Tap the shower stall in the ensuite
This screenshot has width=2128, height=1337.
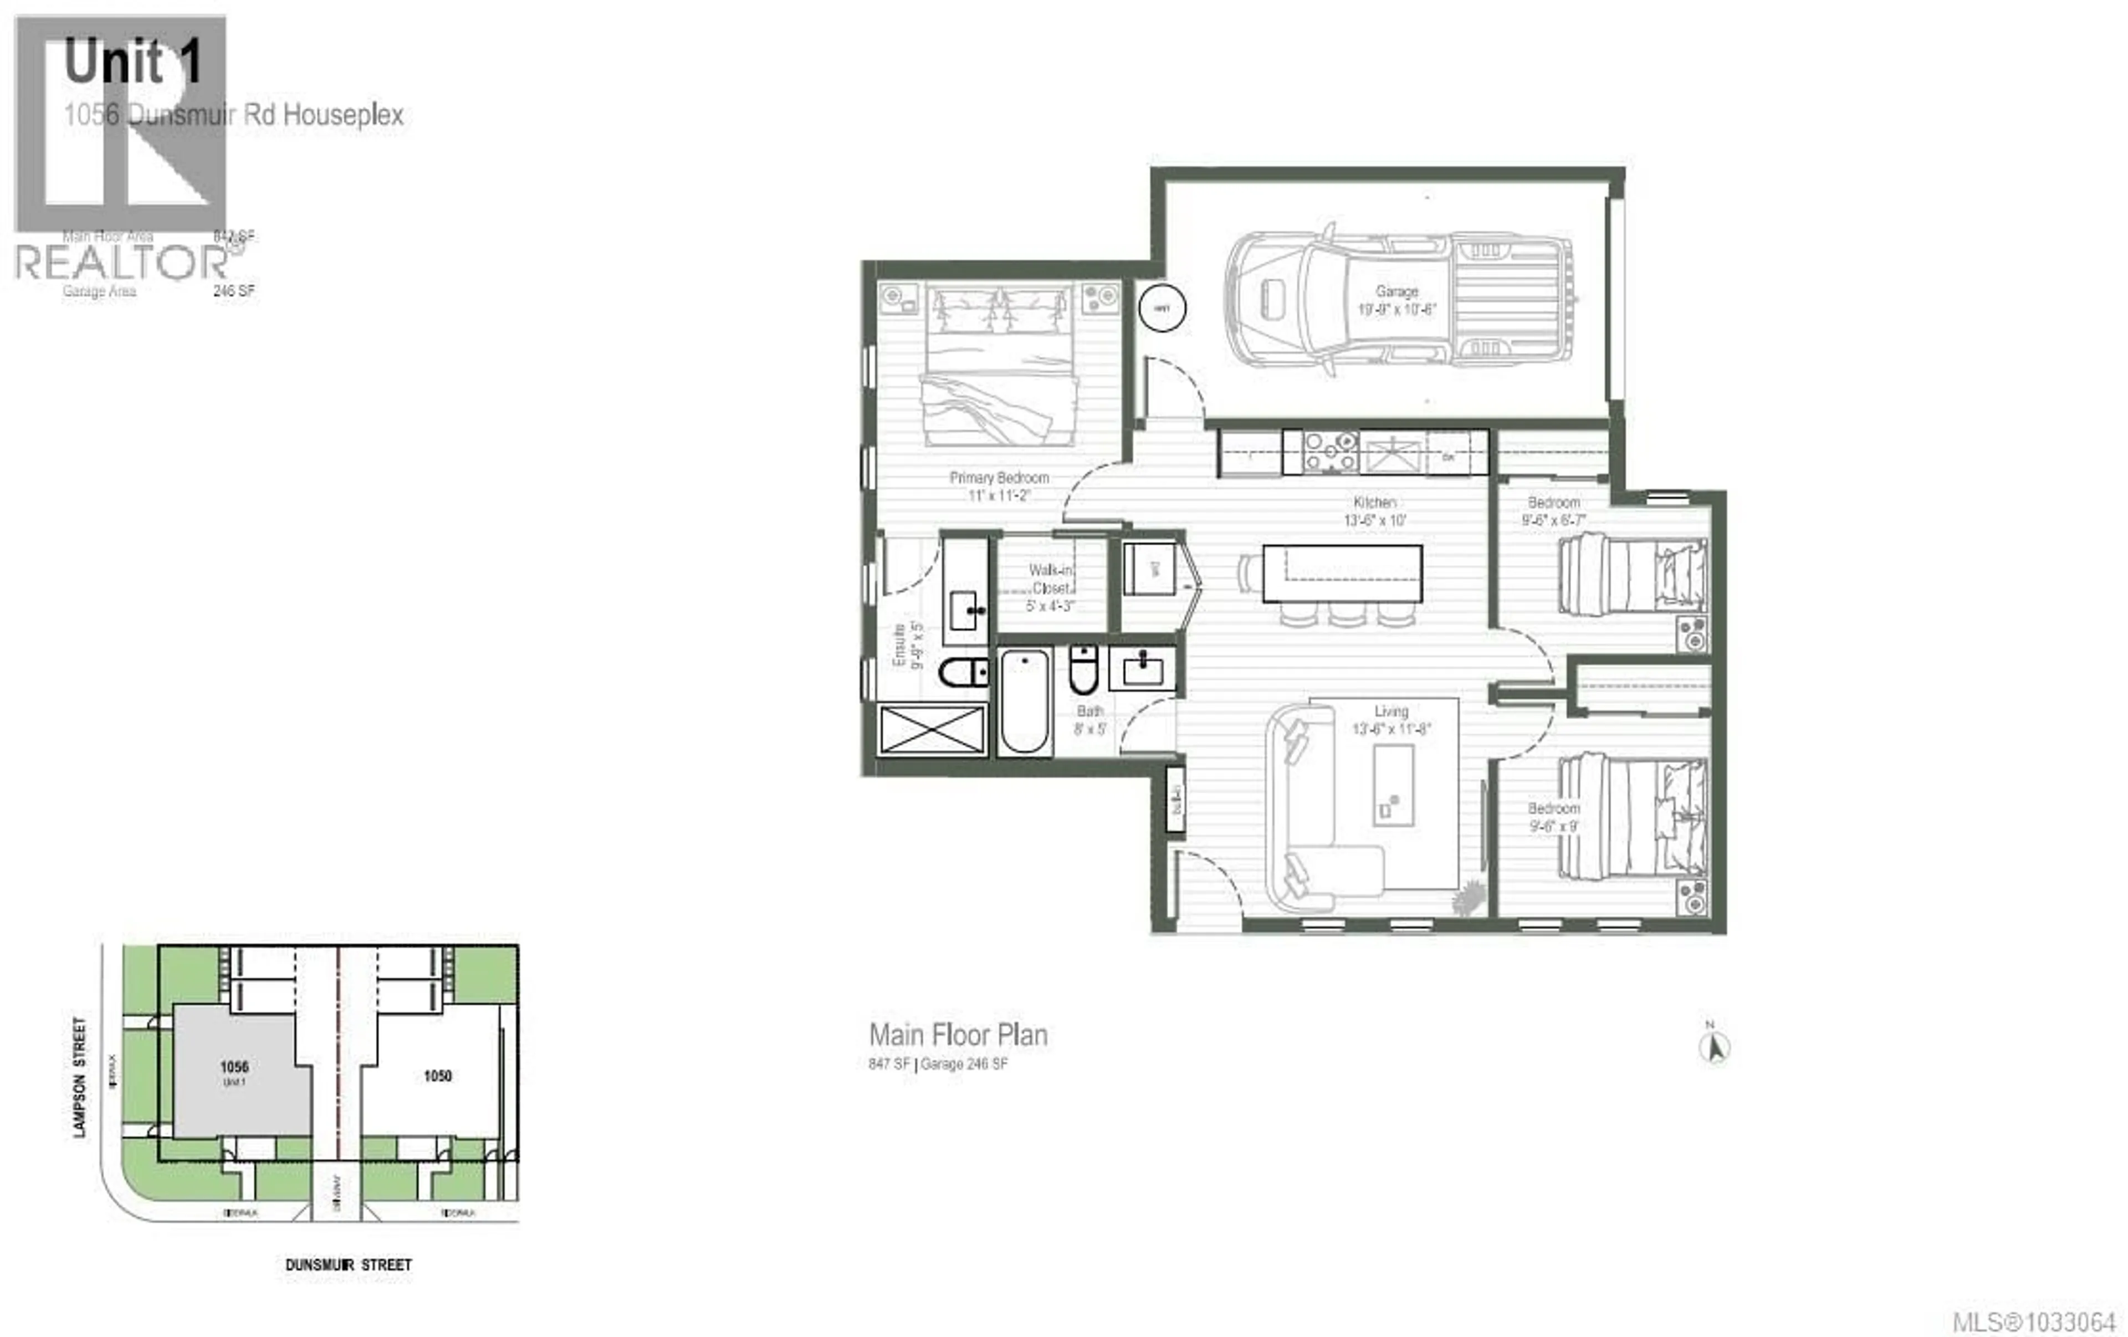[932, 730]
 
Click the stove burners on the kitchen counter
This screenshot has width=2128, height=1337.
[1330, 452]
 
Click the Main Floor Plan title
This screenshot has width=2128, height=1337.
[958, 1035]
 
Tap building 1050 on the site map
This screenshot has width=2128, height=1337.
[437, 1075]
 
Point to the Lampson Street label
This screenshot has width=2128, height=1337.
[80, 1077]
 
